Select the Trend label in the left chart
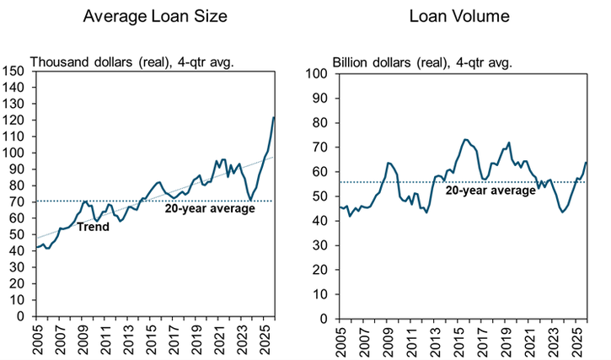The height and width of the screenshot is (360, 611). pyautogui.click(x=94, y=227)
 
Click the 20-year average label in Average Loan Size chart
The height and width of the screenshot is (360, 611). pyautogui.click(x=209, y=208)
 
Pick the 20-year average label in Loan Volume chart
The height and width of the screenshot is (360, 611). pyautogui.click(x=490, y=191)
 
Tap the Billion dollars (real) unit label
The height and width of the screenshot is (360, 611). pyautogui.click(x=422, y=62)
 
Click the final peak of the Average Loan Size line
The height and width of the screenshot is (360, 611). pyautogui.click(x=274, y=117)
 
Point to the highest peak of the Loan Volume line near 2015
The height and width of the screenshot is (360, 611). pyautogui.click(x=465, y=139)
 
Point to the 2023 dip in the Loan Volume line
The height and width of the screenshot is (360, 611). pyautogui.click(x=563, y=212)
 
